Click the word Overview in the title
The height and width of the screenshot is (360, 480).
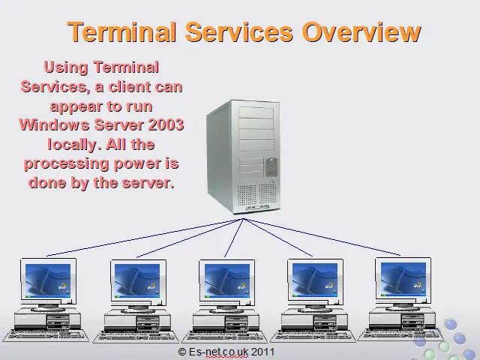tap(361, 31)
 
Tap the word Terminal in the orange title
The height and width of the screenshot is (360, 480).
tap(122, 31)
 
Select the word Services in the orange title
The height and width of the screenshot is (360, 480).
tap(239, 31)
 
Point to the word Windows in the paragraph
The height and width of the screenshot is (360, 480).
tap(55, 125)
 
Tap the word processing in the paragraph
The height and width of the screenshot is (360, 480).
tap(66, 163)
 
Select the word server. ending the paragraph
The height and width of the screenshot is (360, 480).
tap(148, 183)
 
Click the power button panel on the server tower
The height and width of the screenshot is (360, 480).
tap(271, 167)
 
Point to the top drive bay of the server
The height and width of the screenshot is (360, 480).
tap(256, 112)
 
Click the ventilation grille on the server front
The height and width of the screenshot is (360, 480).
tap(257, 195)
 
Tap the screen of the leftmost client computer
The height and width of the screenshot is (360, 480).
tap(48, 280)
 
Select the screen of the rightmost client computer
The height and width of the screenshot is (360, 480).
tap(403, 279)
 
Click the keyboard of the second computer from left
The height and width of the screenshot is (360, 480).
tap(136, 337)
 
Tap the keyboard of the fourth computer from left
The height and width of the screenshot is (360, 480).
tap(313, 336)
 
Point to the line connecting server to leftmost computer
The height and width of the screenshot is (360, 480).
tap(145, 237)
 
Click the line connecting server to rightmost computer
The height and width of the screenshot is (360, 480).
tap(322, 237)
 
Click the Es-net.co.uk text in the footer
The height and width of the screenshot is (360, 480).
tap(218, 352)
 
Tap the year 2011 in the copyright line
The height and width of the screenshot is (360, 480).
tap(262, 352)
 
